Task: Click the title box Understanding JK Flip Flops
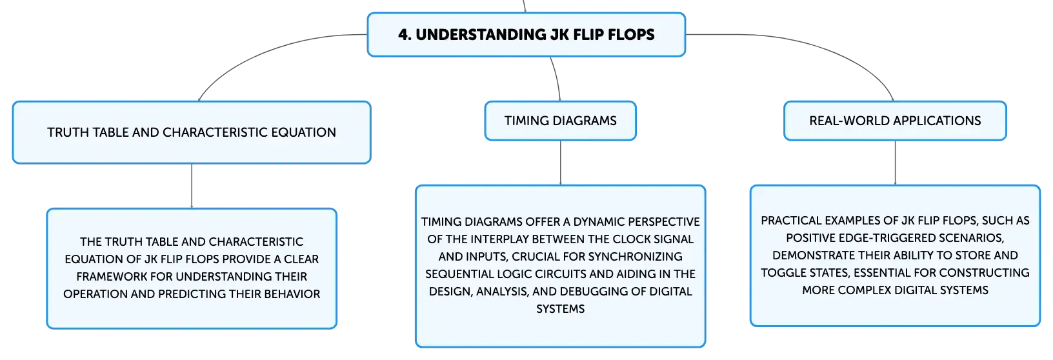(526, 35)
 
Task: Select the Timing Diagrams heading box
(560, 121)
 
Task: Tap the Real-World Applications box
(895, 121)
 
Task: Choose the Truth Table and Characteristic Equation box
(192, 132)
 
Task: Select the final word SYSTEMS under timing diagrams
(560, 309)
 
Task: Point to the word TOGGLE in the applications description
(782, 273)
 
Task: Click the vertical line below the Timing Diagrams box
(560, 163)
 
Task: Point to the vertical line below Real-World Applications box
(895, 163)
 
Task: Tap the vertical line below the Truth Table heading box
(192, 186)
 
